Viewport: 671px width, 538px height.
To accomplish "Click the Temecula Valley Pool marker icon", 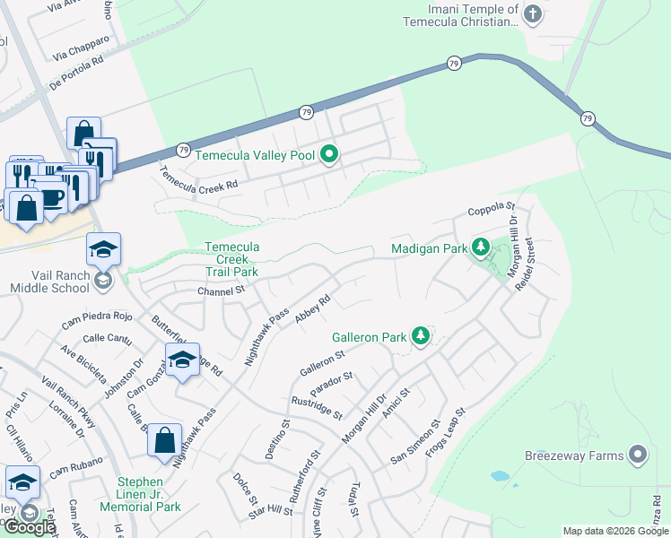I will click(x=329, y=155).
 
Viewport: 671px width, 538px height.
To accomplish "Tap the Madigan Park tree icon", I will click(x=481, y=247).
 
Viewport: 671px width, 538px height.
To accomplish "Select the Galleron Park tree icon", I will click(x=420, y=337).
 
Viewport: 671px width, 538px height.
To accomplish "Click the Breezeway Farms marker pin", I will click(x=638, y=456).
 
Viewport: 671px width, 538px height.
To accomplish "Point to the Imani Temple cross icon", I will click(x=532, y=13).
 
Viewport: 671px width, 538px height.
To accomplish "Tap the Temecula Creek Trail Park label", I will click(x=231, y=259).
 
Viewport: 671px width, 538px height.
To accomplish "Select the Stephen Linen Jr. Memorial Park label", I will click(x=149, y=494).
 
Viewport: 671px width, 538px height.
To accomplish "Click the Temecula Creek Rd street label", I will click(x=198, y=178).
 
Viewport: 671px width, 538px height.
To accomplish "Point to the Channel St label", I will click(x=221, y=291).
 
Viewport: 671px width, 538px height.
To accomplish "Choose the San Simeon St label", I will click(x=414, y=442).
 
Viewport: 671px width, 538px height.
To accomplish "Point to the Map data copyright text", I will click(x=615, y=531).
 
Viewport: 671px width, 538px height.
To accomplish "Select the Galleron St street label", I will click(x=322, y=361).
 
